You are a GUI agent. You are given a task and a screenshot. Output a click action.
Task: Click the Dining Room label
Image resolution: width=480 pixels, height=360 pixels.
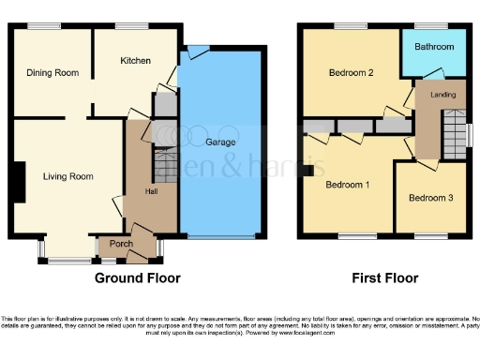52,72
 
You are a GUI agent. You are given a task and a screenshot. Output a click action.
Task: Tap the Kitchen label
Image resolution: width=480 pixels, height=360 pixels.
135,61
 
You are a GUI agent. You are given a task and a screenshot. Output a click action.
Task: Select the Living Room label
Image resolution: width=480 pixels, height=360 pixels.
68,175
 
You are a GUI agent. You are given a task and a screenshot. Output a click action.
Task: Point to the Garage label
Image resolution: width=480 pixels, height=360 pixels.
220,142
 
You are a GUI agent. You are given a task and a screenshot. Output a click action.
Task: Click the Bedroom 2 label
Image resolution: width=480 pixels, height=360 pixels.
351,72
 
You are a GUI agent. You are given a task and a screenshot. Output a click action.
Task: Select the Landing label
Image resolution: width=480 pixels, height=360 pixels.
443,95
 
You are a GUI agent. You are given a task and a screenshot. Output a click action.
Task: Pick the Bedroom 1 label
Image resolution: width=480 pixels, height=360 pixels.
347,185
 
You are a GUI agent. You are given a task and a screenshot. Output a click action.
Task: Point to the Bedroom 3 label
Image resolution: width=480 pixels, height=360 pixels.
431,197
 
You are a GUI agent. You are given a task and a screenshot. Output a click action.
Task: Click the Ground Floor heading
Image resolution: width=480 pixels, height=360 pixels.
138,278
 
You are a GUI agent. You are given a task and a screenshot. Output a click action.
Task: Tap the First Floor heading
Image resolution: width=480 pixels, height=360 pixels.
384,278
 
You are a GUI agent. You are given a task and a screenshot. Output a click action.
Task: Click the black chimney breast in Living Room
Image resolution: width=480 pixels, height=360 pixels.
19,182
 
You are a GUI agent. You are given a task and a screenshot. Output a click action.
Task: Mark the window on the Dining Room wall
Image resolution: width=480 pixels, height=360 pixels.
40,26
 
